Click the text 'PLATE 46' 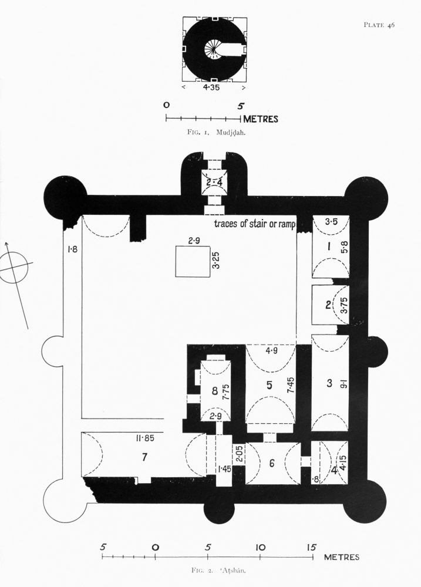(x=379, y=25)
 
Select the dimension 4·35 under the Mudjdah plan (x=213, y=88)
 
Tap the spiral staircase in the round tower (x=213, y=49)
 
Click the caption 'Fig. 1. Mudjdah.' (x=217, y=131)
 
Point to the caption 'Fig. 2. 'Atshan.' (x=218, y=571)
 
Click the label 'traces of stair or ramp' (x=255, y=224)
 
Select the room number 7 (x=144, y=457)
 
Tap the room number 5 (x=269, y=385)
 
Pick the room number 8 (x=215, y=391)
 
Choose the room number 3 (x=329, y=383)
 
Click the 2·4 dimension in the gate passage (x=214, y=183)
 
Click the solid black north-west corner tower (x=65, y=196)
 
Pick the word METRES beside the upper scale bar (x=261, y=119)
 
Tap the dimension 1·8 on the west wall (x=72, y=248)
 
